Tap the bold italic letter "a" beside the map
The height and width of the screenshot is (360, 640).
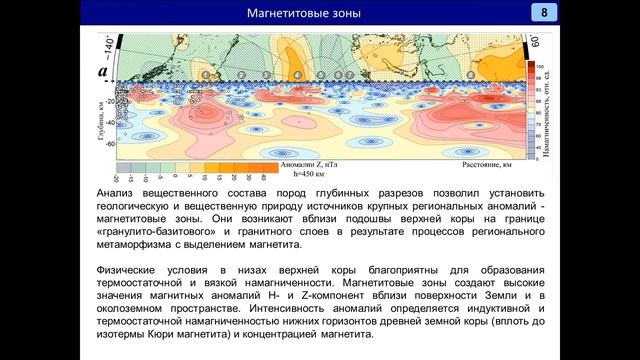(100, 72)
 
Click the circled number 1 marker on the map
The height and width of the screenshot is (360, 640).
(206, 75)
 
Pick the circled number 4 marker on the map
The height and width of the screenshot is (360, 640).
(298, 75)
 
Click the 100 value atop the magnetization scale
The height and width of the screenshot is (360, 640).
(539, 66)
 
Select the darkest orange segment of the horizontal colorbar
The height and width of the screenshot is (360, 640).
(264, 167)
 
